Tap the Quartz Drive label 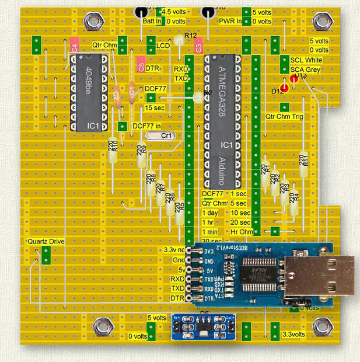click(46, 241)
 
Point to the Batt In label click(151, 22)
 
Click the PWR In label click(231, 22)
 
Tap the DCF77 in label click(146, 126)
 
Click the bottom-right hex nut click(321, 325)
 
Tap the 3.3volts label click(293, 335)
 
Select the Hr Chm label click(242, 232)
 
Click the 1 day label click(210, 213)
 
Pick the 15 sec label click(155, 108)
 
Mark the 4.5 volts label click(174, 12)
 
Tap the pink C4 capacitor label click(74, 48)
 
